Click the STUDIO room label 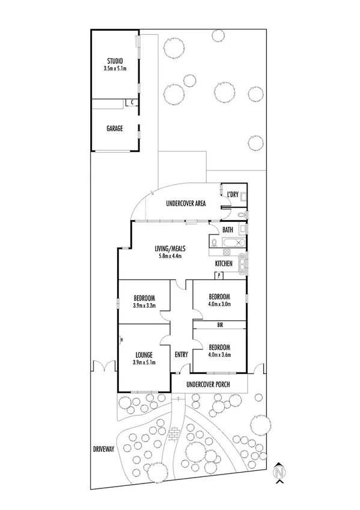[115, 61]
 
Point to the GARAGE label [115, 128]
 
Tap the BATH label [227, 230]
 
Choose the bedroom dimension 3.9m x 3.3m [144, 306]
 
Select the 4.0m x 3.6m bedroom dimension [219, 355]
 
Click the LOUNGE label [144, 355]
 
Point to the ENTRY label [182, 355]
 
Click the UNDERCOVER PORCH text [209, 383]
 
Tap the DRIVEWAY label [103, 449]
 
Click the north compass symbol [278, 473]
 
